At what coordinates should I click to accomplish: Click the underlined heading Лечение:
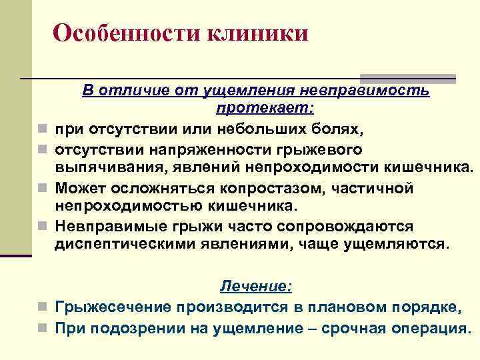(x=256, y=287)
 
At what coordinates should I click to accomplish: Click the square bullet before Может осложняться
(x=43, y=189)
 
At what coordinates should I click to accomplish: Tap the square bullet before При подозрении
(x=43, y=329)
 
